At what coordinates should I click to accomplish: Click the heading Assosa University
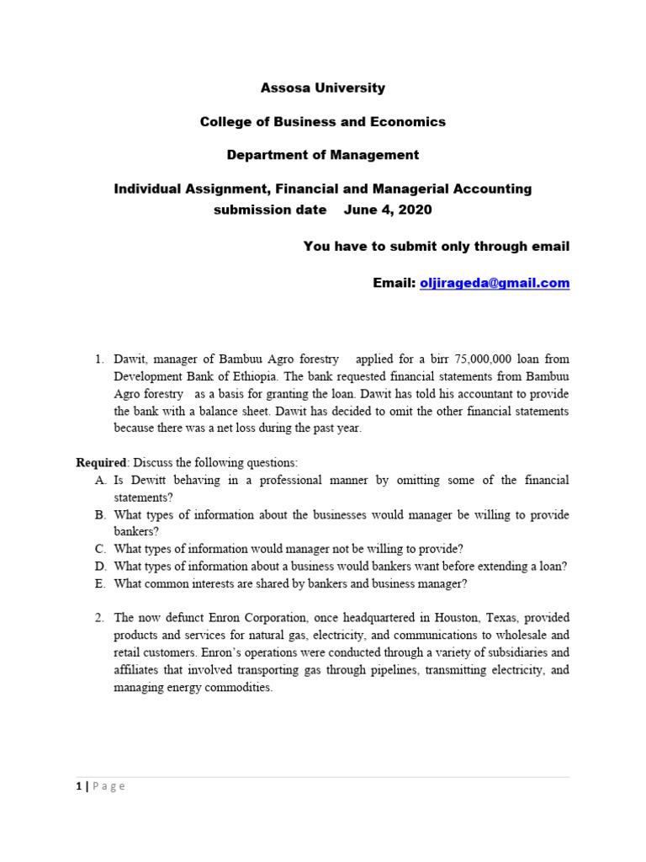323,88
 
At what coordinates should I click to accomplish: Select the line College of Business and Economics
323,121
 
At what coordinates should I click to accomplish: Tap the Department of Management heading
323,155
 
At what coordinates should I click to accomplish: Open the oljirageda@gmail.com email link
495,283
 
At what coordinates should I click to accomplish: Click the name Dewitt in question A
151,480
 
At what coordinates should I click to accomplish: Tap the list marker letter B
100,515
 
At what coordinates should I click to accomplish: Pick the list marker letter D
100,567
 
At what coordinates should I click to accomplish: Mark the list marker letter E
100,584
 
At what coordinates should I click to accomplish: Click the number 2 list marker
99,618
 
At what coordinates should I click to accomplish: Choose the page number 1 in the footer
79,786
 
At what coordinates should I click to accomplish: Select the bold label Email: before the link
394,283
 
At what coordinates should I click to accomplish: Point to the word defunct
188,618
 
